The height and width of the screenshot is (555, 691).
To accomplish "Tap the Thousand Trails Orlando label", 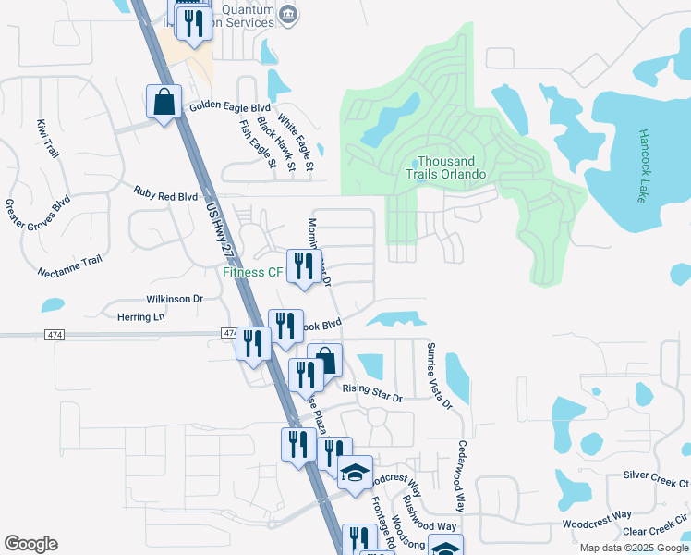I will click(446, 167).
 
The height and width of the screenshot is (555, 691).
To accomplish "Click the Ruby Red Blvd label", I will click(166, 196).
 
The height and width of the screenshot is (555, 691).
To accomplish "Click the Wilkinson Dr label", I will click(174, 299).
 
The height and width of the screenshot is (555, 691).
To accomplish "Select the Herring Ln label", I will click(140, 316).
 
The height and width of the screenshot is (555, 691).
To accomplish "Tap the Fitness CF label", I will click(252, 272).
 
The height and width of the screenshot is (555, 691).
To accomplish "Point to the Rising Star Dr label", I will click(373, 392).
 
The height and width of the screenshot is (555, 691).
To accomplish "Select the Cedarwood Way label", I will click(461, 476).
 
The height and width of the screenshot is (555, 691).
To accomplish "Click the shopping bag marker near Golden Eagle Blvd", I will click(164, 103).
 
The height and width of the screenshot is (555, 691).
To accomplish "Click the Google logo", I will click(30, 544).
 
